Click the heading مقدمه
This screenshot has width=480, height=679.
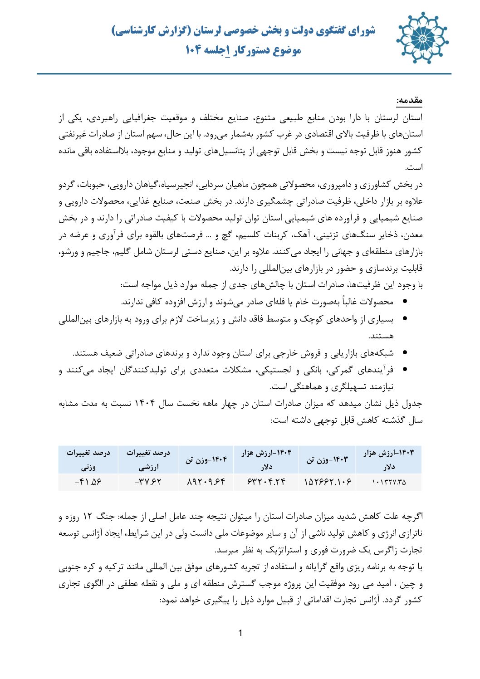pyautogui.click(x=409, y=100)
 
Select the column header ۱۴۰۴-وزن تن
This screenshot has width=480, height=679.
pyautogui.click(x=206, y=459)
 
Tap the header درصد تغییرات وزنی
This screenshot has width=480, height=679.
pyautogui.click(x=88, y=459)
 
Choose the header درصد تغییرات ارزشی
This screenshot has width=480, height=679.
pyautogui.click(x=148, y=459)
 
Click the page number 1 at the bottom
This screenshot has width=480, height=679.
pyautogui.click(x=240, y=633)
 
